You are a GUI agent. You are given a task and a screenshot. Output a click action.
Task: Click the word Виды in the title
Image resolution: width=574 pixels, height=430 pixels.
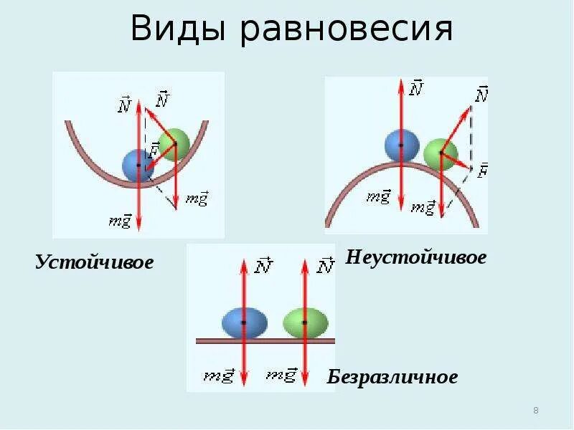(x=179, y=29)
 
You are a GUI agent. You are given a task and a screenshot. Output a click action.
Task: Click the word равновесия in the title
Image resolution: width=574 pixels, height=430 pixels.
(x=347, y=31)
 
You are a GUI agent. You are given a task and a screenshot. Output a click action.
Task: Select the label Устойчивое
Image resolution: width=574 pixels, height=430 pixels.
(x=95, y=262)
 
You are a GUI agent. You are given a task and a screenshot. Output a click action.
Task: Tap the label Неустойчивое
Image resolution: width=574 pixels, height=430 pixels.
(x=416, y=257)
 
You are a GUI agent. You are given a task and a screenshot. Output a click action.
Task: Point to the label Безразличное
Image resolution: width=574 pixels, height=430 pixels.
(x=392, y=377)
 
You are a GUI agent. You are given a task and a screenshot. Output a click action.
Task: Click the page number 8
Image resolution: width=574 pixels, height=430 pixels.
(x=536, y=411)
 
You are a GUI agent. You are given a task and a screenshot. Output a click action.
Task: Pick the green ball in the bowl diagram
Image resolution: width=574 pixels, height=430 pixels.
(x=174, y=144)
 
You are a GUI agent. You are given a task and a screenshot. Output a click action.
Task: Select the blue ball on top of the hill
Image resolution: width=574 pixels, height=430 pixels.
(x=401, y=145)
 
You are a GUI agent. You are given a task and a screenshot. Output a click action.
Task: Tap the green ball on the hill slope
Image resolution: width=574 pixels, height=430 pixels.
(x=440, y=155)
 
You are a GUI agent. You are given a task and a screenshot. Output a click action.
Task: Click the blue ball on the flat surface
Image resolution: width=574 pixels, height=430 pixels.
(x=244, y=322)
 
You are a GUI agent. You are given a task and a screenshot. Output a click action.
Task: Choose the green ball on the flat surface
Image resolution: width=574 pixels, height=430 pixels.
(x=305, y=322)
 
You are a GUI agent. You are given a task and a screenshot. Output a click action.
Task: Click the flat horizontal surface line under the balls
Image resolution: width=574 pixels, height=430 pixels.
(x=265, y=341)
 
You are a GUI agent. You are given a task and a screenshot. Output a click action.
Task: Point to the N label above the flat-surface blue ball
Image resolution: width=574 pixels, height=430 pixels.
(x=263, y=267)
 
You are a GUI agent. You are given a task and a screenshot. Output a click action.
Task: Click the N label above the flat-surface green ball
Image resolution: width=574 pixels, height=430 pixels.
(x=325, y=267)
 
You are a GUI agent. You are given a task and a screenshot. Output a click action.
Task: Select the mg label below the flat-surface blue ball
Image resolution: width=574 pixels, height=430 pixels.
(x=218, y=375)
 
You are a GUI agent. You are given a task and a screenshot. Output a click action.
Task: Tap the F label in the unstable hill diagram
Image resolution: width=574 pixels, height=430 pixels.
(x=482, y=171)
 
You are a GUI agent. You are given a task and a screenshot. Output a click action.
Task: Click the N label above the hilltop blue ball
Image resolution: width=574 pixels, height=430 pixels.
(x=415, y=88)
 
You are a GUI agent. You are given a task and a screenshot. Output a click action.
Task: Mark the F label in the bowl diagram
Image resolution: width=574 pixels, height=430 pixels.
(x=152, y=150)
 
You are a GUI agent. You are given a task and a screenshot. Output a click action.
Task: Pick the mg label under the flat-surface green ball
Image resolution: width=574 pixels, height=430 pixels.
(x=281, y=374)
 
